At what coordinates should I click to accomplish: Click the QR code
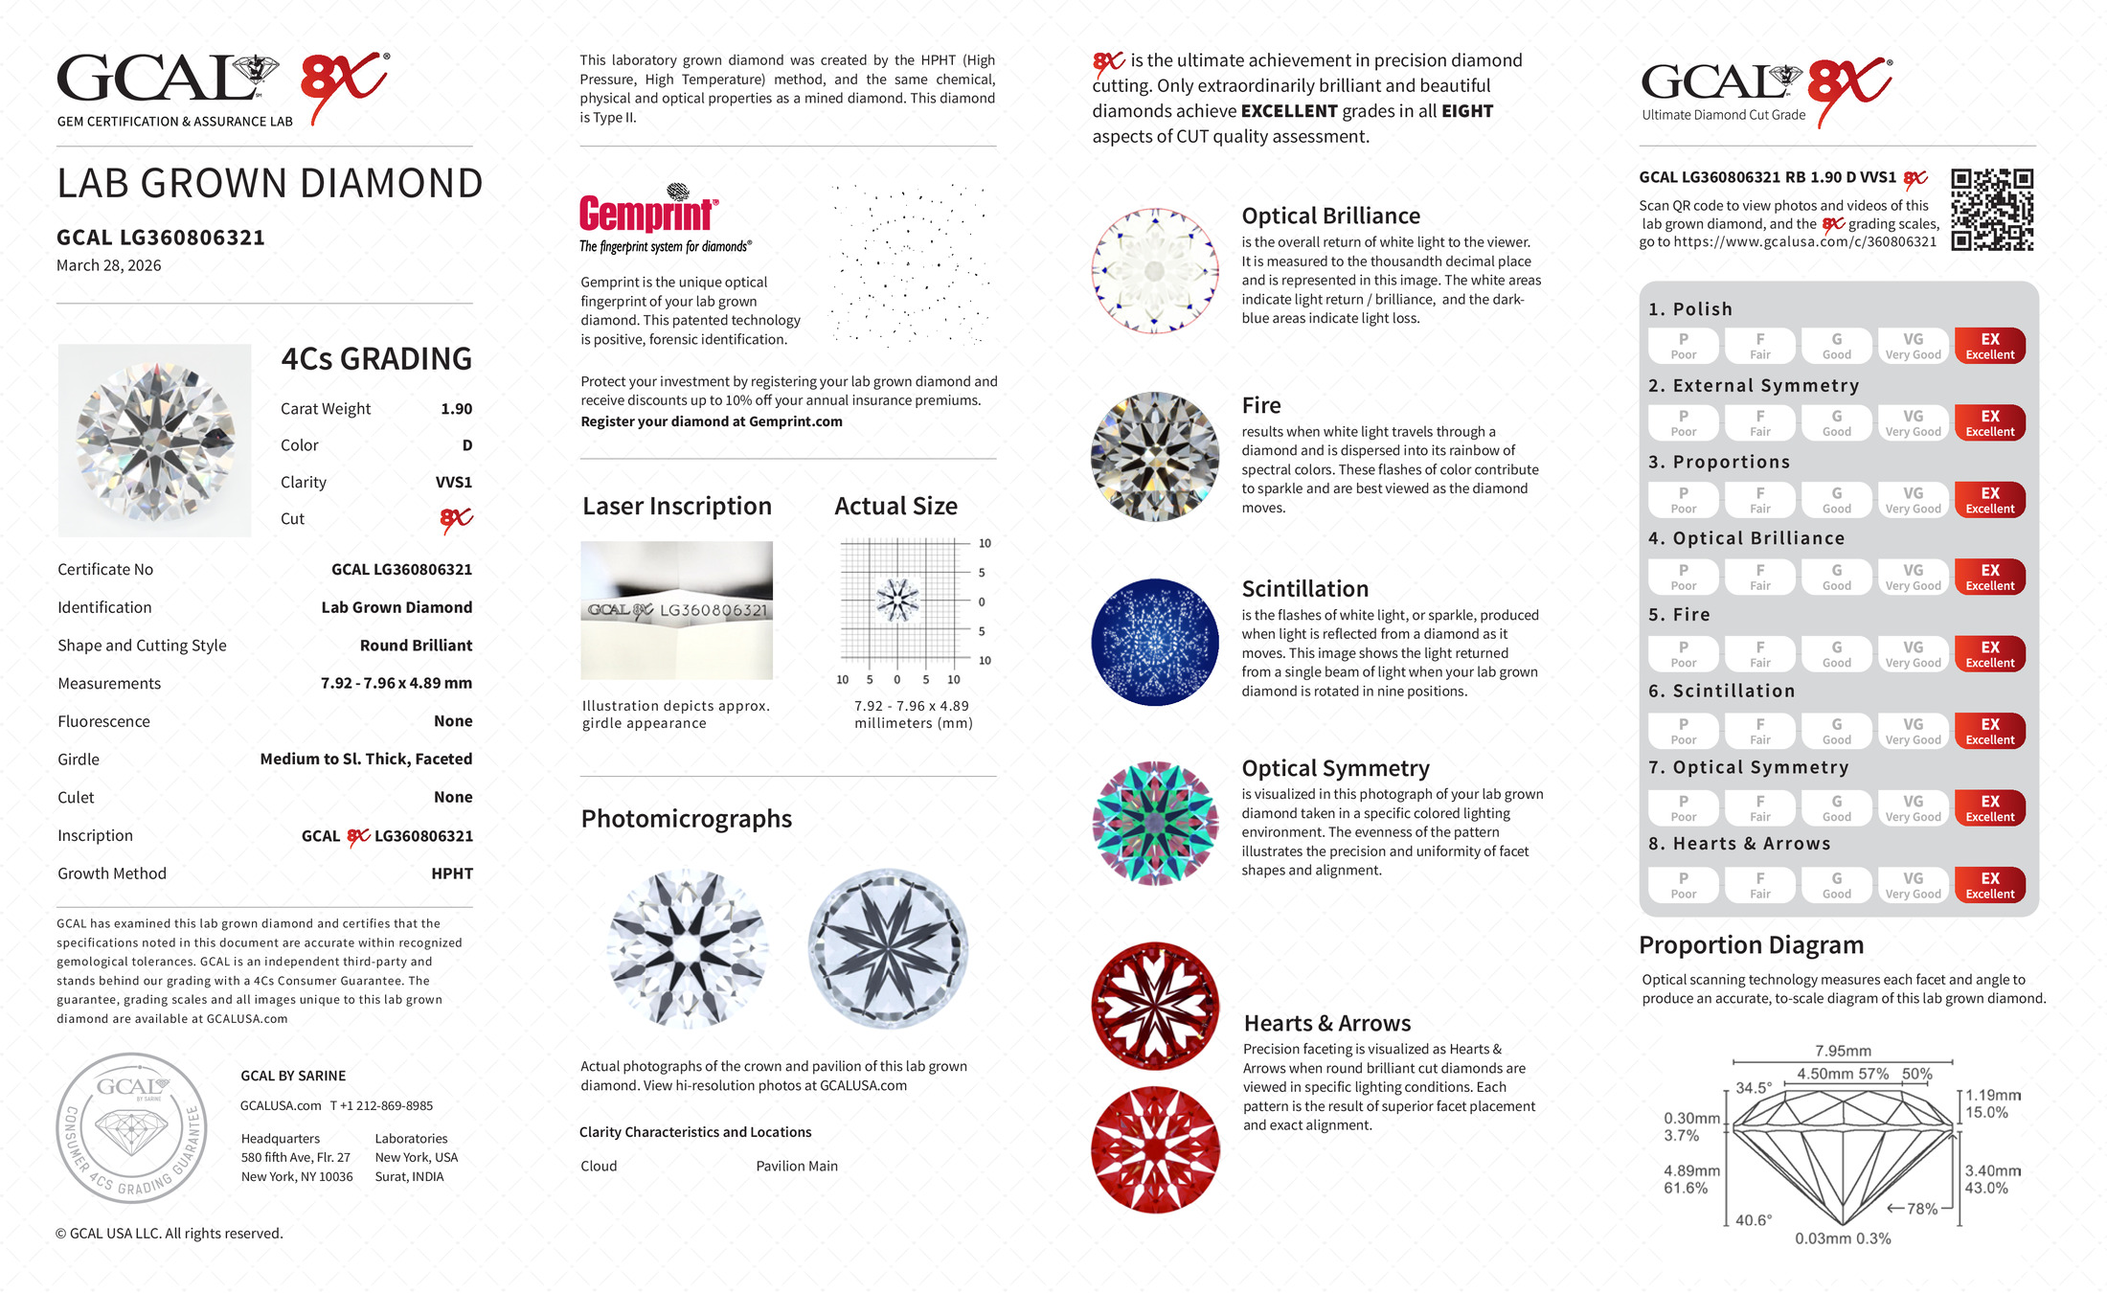(1992, 210)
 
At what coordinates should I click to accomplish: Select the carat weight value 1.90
(456, 409)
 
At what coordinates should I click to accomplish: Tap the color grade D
(467, 445)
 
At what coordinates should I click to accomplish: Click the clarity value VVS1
(453, 483)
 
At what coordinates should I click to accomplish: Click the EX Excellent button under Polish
(1989, 346)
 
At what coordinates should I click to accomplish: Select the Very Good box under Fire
(1913, 654)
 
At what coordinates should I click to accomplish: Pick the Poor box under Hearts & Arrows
(1683, 885)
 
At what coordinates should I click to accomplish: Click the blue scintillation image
(1155, 643)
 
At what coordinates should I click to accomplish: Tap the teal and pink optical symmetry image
(1155, 824)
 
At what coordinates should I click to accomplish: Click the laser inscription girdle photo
(676, 610)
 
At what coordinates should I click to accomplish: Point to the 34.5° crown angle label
(1754, 1088)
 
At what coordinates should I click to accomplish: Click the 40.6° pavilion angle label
(1753, 1220)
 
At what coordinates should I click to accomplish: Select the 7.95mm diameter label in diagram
(1843, 1051)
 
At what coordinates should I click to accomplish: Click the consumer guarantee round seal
(131, 1128)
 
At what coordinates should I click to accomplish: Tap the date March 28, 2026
(108, 265)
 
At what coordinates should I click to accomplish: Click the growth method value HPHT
(452, 873)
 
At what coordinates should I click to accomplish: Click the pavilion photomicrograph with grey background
(888, 948)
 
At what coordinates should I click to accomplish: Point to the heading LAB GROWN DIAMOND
(269, 184)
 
